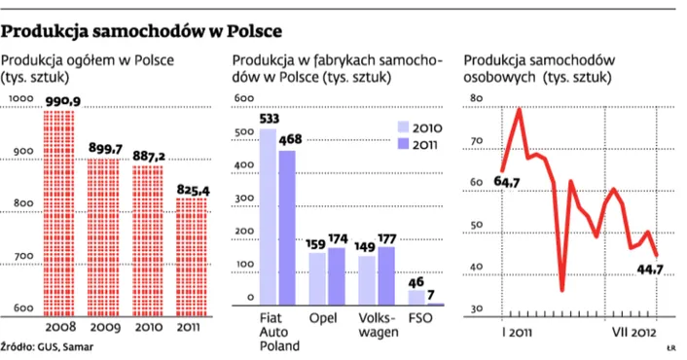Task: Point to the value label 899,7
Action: [105, 148]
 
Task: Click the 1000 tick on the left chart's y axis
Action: [19, 98]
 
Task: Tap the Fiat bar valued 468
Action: [288, 229]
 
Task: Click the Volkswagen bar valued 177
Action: [387, 277]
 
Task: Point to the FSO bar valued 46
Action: [416, 298]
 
